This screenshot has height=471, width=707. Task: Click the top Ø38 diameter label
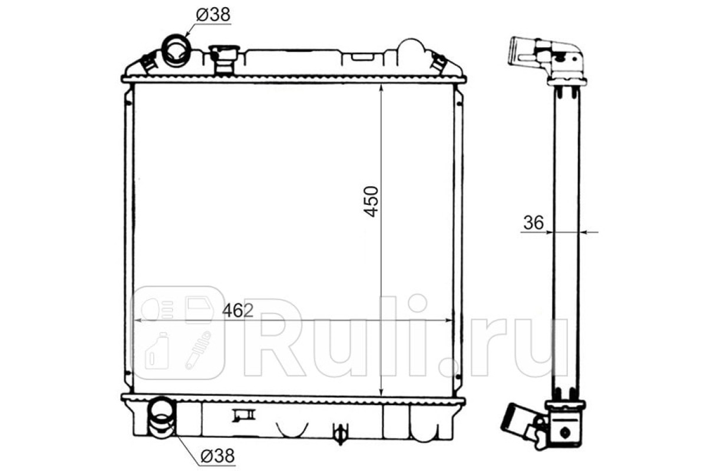[213, 15]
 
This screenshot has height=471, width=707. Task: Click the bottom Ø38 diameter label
[218, 456]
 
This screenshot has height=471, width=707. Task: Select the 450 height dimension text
[371, 201]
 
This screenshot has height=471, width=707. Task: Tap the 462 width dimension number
[237, 311]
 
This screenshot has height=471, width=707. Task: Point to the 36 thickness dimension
[533, 223]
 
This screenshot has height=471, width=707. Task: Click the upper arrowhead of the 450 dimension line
[381, 88]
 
